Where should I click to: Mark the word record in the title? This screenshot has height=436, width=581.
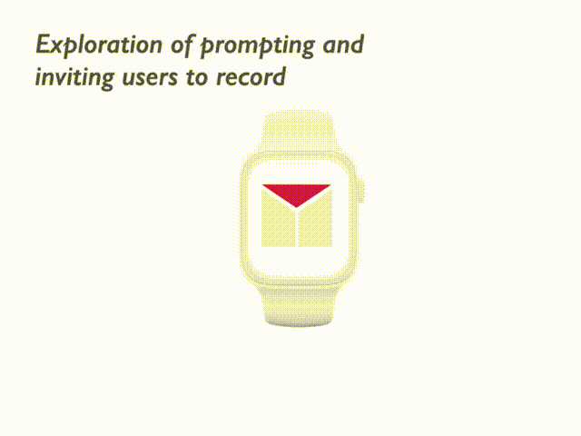(x=251, y=78)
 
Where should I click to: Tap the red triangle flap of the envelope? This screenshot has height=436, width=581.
(x=296, y=193)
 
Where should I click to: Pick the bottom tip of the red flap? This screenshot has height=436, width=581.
(x=296, y=206)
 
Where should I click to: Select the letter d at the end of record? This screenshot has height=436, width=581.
(x=280, y=77)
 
